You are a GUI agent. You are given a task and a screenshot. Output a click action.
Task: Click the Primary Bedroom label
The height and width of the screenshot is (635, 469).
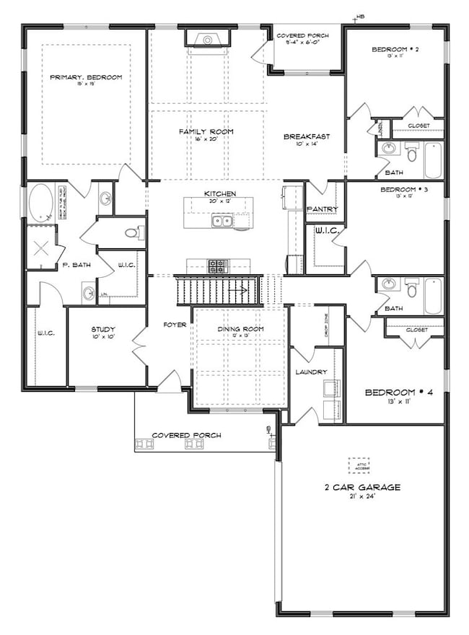[86, 77]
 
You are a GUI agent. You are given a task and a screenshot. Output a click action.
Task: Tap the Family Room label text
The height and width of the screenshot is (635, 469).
[206, 131]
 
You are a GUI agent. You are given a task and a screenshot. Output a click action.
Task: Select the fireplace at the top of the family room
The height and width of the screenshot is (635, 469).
[206, 39]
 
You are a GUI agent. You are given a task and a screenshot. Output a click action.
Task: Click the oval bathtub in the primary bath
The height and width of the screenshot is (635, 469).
[40, 203]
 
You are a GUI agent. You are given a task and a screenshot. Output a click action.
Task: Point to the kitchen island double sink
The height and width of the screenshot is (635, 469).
[222, 221]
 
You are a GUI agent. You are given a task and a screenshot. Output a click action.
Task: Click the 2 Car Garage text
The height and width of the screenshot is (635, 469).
[362, 488]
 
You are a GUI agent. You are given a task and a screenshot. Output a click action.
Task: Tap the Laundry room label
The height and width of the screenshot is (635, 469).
[311, 372]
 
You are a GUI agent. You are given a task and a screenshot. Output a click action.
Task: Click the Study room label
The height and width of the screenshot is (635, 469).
[103, 329]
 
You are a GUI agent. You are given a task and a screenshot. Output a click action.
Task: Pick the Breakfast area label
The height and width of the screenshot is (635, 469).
[306, 136]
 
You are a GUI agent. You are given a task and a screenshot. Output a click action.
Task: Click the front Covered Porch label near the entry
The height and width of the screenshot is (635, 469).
[186, 435]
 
